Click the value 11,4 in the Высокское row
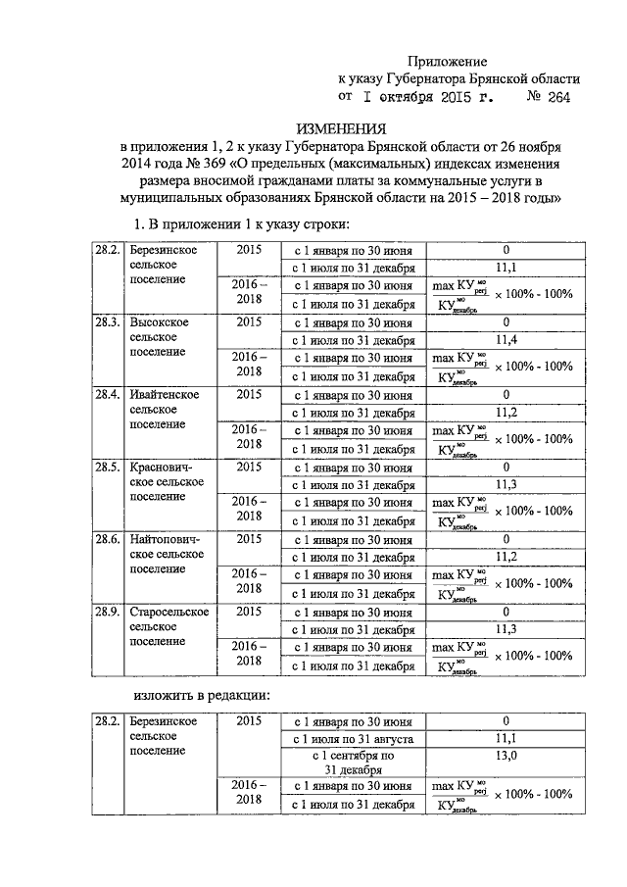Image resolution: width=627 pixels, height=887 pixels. pos(506,340)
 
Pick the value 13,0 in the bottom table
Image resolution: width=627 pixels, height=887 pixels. pos(506,756)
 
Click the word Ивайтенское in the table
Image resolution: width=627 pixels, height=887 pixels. pos(165,395)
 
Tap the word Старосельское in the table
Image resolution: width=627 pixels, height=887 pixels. pos(169,613)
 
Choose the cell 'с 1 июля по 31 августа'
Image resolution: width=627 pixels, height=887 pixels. pos(353,738)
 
